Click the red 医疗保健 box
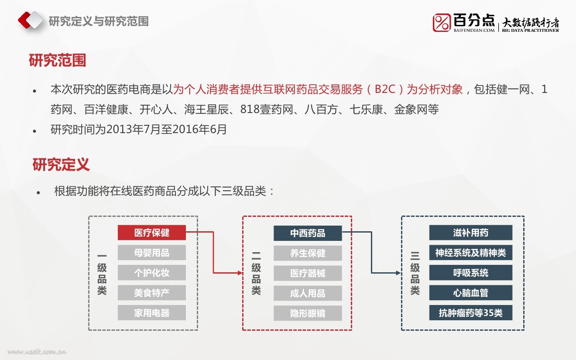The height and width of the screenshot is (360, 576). (151, 233)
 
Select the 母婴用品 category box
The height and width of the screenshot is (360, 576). (151, 253)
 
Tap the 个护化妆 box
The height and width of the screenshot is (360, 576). (151, 273)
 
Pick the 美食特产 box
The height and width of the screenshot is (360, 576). (151, 293)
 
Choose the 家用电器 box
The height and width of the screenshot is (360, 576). (151, 313)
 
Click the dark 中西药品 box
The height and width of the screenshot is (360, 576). (308, 233)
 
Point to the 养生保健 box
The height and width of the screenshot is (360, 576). (308, 253)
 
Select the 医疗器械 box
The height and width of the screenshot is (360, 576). (308, 273)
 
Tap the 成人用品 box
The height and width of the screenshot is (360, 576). (308, 293)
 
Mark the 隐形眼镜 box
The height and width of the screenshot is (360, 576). (308, 313)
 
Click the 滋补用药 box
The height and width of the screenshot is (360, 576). (470, 233)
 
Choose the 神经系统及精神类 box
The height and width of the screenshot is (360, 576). (470, 253)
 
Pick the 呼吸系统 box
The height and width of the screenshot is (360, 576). (470, 273)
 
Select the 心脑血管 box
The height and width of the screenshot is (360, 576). (470, 293)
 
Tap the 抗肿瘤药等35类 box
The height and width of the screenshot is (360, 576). (470, 313)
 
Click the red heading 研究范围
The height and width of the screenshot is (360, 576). (57, 60)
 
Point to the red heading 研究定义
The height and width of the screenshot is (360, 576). (61, 165)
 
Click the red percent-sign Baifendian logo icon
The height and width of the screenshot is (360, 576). (442, 23)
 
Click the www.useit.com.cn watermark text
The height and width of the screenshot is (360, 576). (37, 352)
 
